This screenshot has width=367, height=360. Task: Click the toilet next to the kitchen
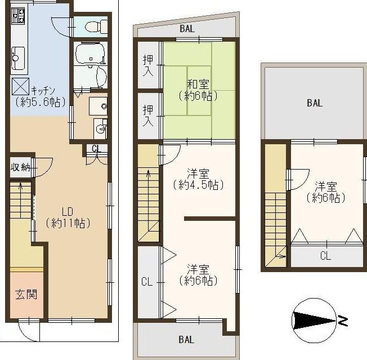pyautogui.click(x=96, y=26)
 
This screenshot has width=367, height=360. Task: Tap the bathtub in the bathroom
pyautogui.click(x=90, y=53)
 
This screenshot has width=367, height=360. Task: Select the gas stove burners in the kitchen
pyautogui.click(x=18, y=15)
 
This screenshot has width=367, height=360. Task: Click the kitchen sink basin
pyautogui.click(x=18, y=58)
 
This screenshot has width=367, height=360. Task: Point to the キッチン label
pyautogui.click(x=43, y=90)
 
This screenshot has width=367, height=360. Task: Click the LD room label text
pyautogui.click(x=68, y=211)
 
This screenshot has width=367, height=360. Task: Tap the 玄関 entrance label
pyautogui.click(x=26, y=294)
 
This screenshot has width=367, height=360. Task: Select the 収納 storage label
pyautogui.click(x=21, y=167)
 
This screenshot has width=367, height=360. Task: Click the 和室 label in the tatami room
pyautogui.click(x=199, y=85)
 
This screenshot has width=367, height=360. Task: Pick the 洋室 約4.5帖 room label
pyautogui.click(x=199, y=179)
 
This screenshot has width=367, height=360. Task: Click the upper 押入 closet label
pyautogui.click(x=148, y=65)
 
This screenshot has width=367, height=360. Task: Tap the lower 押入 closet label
pyautogui.click(x=148, y=115)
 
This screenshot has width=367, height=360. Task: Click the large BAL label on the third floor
pyautogui.click(x=315, y=103)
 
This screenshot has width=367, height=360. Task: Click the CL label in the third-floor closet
pyautogui.click(x=325, y=256)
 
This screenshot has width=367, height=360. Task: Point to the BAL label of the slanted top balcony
pyautogui.click(x=187, y=29)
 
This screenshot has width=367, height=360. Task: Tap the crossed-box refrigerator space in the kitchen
pyautogui.click(x=21, y=86)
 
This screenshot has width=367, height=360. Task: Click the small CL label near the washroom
pyautogui.click(x=96, y=149)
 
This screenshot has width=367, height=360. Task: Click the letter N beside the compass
pyautogui.click(x=343, y=321)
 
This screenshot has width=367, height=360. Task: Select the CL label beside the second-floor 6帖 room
pyautogui.click(x=147, y=282)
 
